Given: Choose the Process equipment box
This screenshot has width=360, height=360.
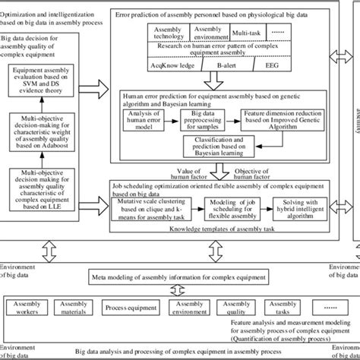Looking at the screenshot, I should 125,308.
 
